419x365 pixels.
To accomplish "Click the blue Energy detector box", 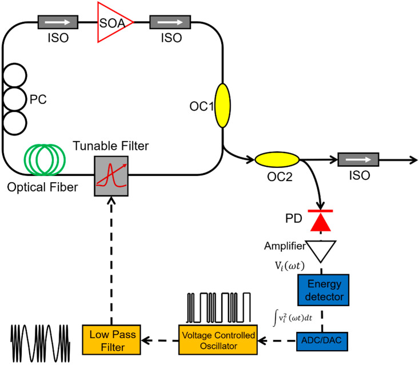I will [322, 290].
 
